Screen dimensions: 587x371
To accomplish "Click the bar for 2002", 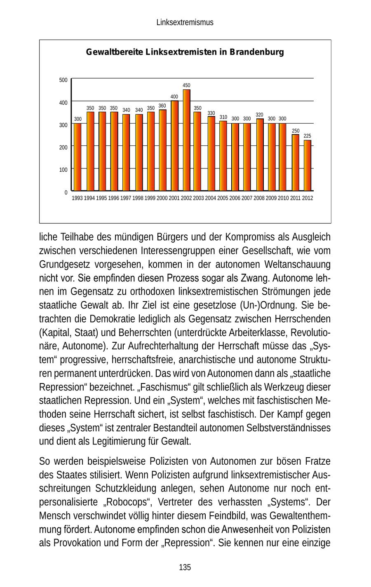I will click(x=187, y=140).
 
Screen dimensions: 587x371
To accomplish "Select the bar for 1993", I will click(x=77, y=157).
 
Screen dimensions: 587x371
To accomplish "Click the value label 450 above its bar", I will click(x=187, y=86).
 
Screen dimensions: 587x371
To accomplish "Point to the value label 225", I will click(x=308, y=136).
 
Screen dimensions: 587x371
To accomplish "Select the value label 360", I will click(x=162, y=106).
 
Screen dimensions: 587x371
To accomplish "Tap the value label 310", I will click(x=223, y=117).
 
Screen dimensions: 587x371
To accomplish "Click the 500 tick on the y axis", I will click(x=63, y=80).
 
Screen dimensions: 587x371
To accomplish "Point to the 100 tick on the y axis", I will click(x=63, y=170).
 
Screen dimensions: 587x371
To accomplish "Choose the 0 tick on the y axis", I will click(x=66, y=192).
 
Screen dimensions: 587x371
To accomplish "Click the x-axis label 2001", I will click(x=174, y=198).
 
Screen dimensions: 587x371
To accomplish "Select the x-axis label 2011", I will click(x=295, y=198).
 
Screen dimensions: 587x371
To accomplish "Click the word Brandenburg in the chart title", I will click(x=257, y=53).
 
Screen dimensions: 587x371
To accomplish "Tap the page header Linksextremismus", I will click(x=185, y=23).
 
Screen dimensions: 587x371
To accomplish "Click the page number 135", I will click(x=185, y=568).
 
